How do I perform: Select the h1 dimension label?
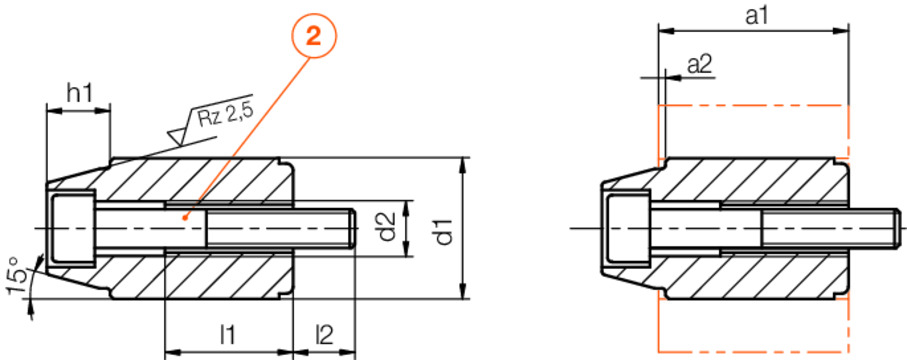79,95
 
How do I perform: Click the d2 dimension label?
388,226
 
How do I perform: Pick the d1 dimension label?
444,228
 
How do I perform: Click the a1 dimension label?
755,16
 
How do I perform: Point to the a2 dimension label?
699,65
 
